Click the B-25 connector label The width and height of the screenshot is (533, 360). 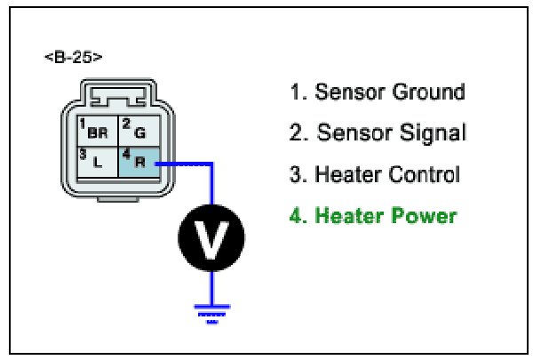click(73, 58)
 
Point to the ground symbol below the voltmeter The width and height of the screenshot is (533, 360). click(211, 312)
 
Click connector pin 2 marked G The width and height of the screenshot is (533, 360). click(138, 132)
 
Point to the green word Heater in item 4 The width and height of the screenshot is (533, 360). click(348, 216)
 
